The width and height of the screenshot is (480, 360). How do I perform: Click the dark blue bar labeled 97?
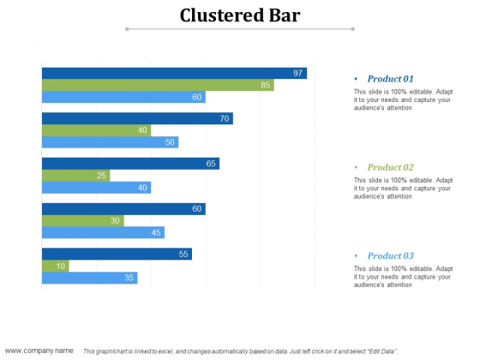(171, 74)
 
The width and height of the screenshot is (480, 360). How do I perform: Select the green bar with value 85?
(154, 85)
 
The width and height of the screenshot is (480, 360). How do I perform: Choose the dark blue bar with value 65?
(129, 164)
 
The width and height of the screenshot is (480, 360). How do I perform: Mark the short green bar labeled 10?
(54, 266)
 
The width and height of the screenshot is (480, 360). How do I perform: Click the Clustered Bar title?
(241, 15)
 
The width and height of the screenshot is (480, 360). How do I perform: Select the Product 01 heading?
(390, 79)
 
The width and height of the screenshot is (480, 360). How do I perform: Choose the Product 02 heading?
(390, 167)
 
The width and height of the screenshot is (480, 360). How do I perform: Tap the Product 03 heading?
(390, 255)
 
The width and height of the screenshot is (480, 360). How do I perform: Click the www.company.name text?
(39, 351)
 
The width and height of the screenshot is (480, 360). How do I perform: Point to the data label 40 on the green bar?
(141, 130)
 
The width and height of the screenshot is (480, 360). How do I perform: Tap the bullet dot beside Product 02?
(356, 167)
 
